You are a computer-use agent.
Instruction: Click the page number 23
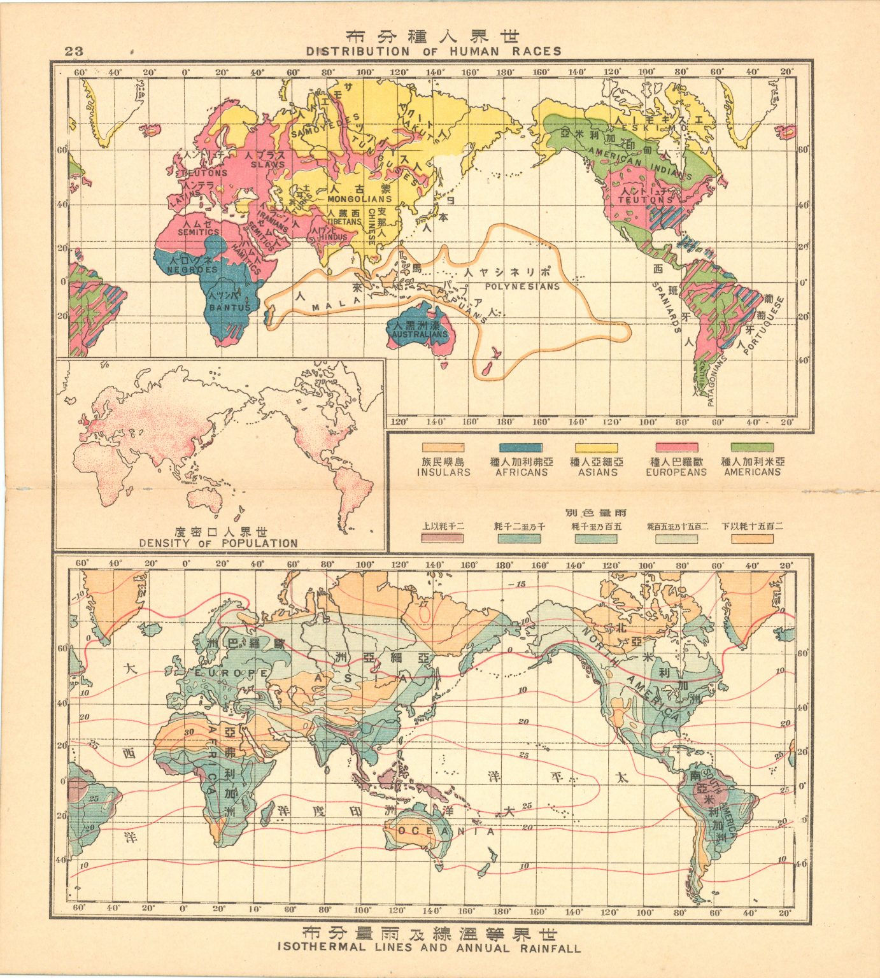[74, 52]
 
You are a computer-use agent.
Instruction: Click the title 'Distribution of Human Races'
[434, 52]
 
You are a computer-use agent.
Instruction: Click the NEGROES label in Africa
[192, 270]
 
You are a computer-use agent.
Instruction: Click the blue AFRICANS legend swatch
[521, 448]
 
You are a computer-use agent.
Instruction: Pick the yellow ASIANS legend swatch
[597, 448]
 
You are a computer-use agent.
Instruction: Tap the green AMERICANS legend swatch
[752, 448]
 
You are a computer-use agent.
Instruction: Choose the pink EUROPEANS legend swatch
[676, 448]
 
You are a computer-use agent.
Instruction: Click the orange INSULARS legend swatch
[443, 448]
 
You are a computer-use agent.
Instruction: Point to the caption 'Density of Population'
[218, 543]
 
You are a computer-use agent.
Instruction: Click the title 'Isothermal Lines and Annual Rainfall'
[429, 947]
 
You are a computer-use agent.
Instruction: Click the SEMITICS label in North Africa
[199, 233]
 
